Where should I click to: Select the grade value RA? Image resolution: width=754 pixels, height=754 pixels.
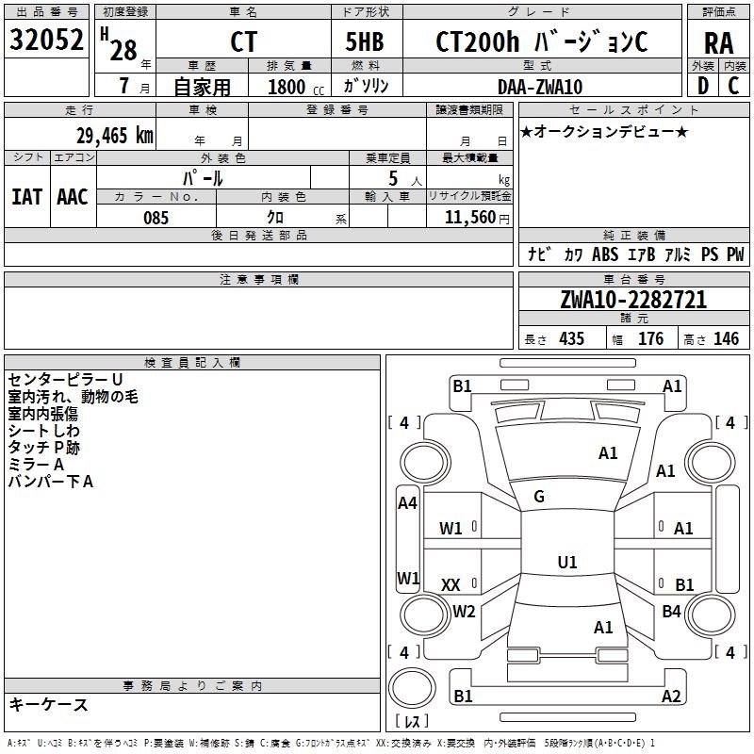[x=718, y=43]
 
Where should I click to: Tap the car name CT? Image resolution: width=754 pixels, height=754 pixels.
[x=242, y=42]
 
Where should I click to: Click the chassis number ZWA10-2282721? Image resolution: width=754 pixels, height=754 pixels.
[x=633, y=300]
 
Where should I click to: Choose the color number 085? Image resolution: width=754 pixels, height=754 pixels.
[x=156, y=218]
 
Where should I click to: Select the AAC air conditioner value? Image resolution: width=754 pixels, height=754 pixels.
[x=73, y=196]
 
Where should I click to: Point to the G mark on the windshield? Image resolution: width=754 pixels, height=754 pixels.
[x=539, y=497]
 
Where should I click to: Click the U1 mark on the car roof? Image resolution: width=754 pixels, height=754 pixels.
[x=566, y=562]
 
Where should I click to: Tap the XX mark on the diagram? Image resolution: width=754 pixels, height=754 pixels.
[x=451, y=585]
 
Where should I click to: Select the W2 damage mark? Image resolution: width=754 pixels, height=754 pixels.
[x=464, y=612]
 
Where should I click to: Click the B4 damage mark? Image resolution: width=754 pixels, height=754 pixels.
[x=671, y=612]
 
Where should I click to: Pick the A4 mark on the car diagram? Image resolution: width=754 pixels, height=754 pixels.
[x=407, y=503]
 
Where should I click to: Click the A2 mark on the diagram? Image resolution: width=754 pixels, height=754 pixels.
[x=671, y=697]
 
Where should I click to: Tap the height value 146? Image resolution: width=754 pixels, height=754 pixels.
[x=726, y=339]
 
